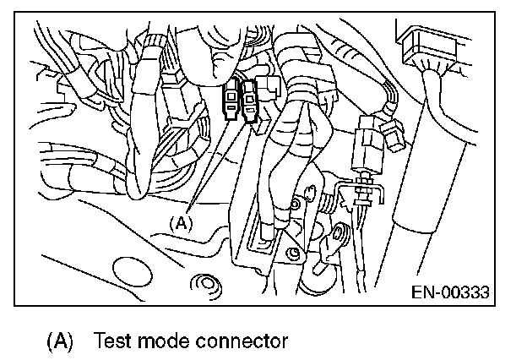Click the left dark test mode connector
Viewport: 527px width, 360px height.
[x=231, y=101]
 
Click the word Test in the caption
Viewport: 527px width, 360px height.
[x=112, y=341]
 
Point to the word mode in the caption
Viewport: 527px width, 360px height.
[x=165, y=341]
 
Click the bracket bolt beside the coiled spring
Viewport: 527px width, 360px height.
[x=295, y=203]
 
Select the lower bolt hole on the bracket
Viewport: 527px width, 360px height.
[x=293, y=252]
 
